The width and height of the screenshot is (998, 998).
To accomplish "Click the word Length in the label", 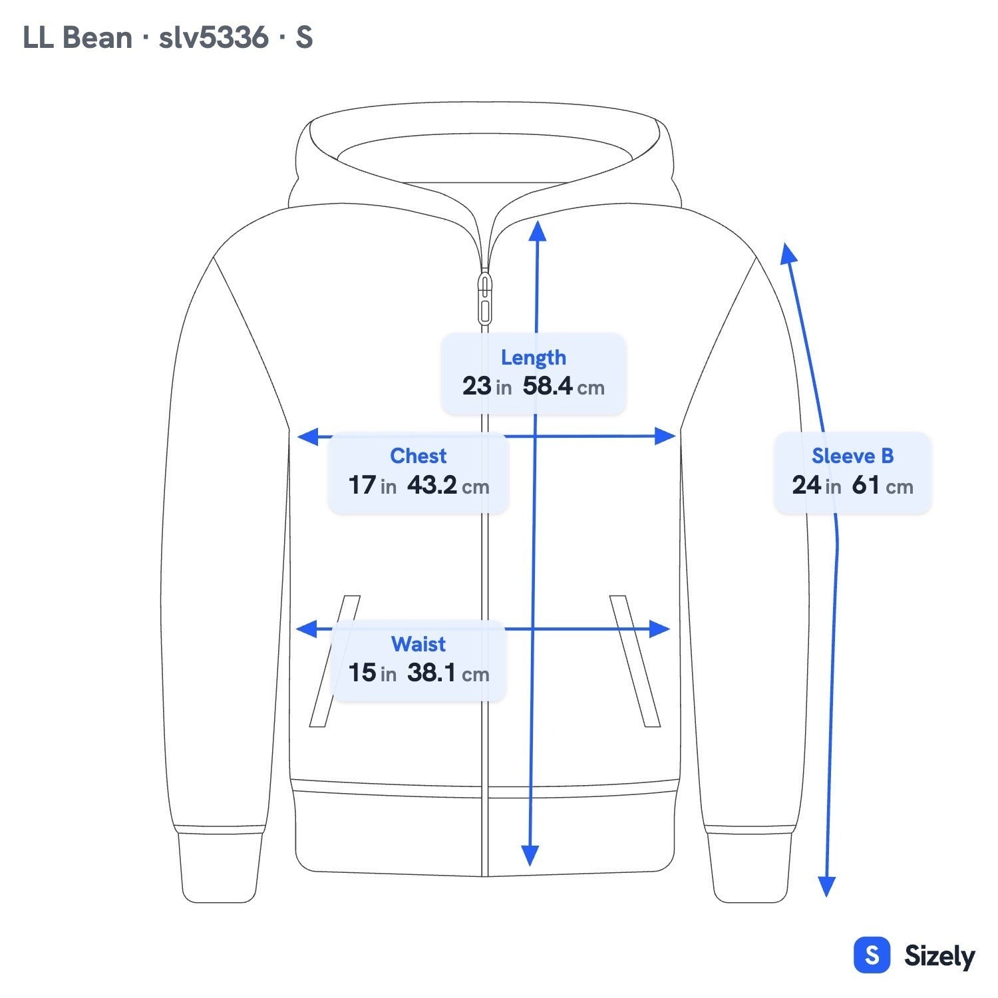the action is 534,358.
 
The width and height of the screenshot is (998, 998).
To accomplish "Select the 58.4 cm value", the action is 564,386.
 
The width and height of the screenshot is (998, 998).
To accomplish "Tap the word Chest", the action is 418,456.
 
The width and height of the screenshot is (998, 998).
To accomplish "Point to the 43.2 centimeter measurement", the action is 448,485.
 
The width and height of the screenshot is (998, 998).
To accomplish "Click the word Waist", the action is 418,644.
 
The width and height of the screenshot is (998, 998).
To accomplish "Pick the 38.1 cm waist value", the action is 448,673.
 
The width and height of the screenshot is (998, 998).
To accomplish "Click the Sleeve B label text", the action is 852,456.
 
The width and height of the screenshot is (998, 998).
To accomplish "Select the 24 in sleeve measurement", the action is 816,485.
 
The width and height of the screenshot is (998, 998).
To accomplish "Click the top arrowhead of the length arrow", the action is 538,230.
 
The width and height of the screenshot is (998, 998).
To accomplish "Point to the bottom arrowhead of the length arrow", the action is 530,856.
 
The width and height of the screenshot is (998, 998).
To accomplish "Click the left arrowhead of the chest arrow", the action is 307,437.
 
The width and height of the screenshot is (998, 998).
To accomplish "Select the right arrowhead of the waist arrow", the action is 659,629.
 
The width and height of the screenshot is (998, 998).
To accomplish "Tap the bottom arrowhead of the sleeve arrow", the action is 826,887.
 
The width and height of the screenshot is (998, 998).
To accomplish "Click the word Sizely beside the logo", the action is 939,956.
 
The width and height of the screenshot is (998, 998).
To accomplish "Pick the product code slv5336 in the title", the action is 214,37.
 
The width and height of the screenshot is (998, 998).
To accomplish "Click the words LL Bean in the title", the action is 77,37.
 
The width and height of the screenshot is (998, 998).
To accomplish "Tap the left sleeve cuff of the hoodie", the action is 219,865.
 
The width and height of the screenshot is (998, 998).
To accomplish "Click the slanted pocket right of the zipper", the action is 635,661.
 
